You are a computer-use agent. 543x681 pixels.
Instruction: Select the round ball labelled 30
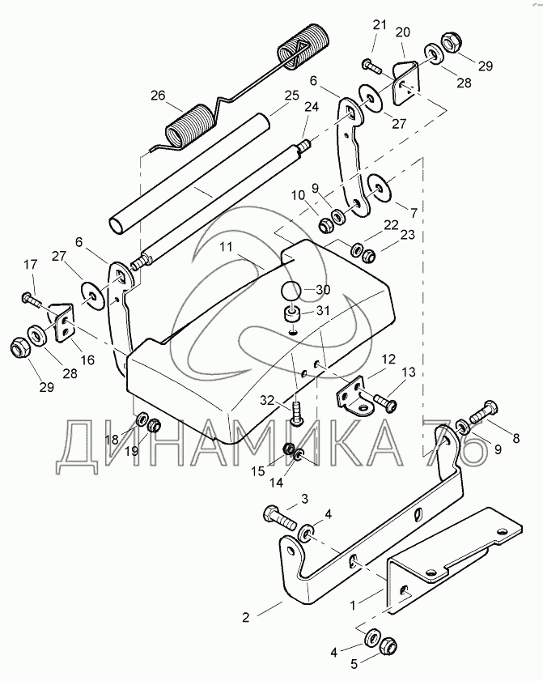click(291, 290)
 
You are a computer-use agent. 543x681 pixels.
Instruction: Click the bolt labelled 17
click(32, 300)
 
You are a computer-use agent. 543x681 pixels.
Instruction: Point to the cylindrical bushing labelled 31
click(291, 313)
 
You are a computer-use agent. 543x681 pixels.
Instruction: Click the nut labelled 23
click(366, 254)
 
